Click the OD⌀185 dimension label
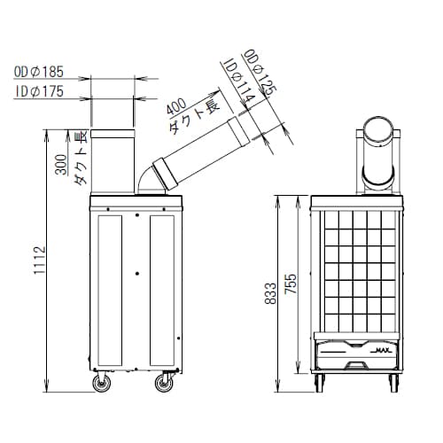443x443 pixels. point(39,72)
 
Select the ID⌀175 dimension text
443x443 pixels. point(40,91)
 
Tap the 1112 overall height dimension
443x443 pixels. point(40,260)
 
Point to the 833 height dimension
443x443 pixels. point(270,293)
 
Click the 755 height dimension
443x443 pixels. point(291,284)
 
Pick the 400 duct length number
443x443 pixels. point(176,105)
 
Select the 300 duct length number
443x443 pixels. point(61,165)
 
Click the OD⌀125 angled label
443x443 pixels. point(260,73)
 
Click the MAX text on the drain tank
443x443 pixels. point(384,350)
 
